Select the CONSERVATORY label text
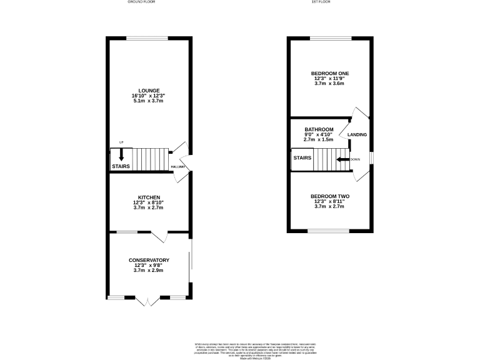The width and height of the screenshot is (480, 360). click(149, 260)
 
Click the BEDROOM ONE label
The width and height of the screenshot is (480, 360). click(330, 74)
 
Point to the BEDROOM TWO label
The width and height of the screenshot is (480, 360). click(330, 197)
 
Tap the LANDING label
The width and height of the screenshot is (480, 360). click(357, 135)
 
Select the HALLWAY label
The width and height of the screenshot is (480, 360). click(177, 167)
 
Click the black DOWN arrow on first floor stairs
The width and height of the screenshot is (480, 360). click(342, 159)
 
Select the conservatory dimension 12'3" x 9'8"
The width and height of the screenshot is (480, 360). click(149, 266)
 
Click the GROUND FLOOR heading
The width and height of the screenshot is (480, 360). click(141, 2)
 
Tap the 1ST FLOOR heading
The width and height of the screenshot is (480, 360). click(321, 2)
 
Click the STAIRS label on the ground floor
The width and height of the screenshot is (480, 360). click(121, 167)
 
